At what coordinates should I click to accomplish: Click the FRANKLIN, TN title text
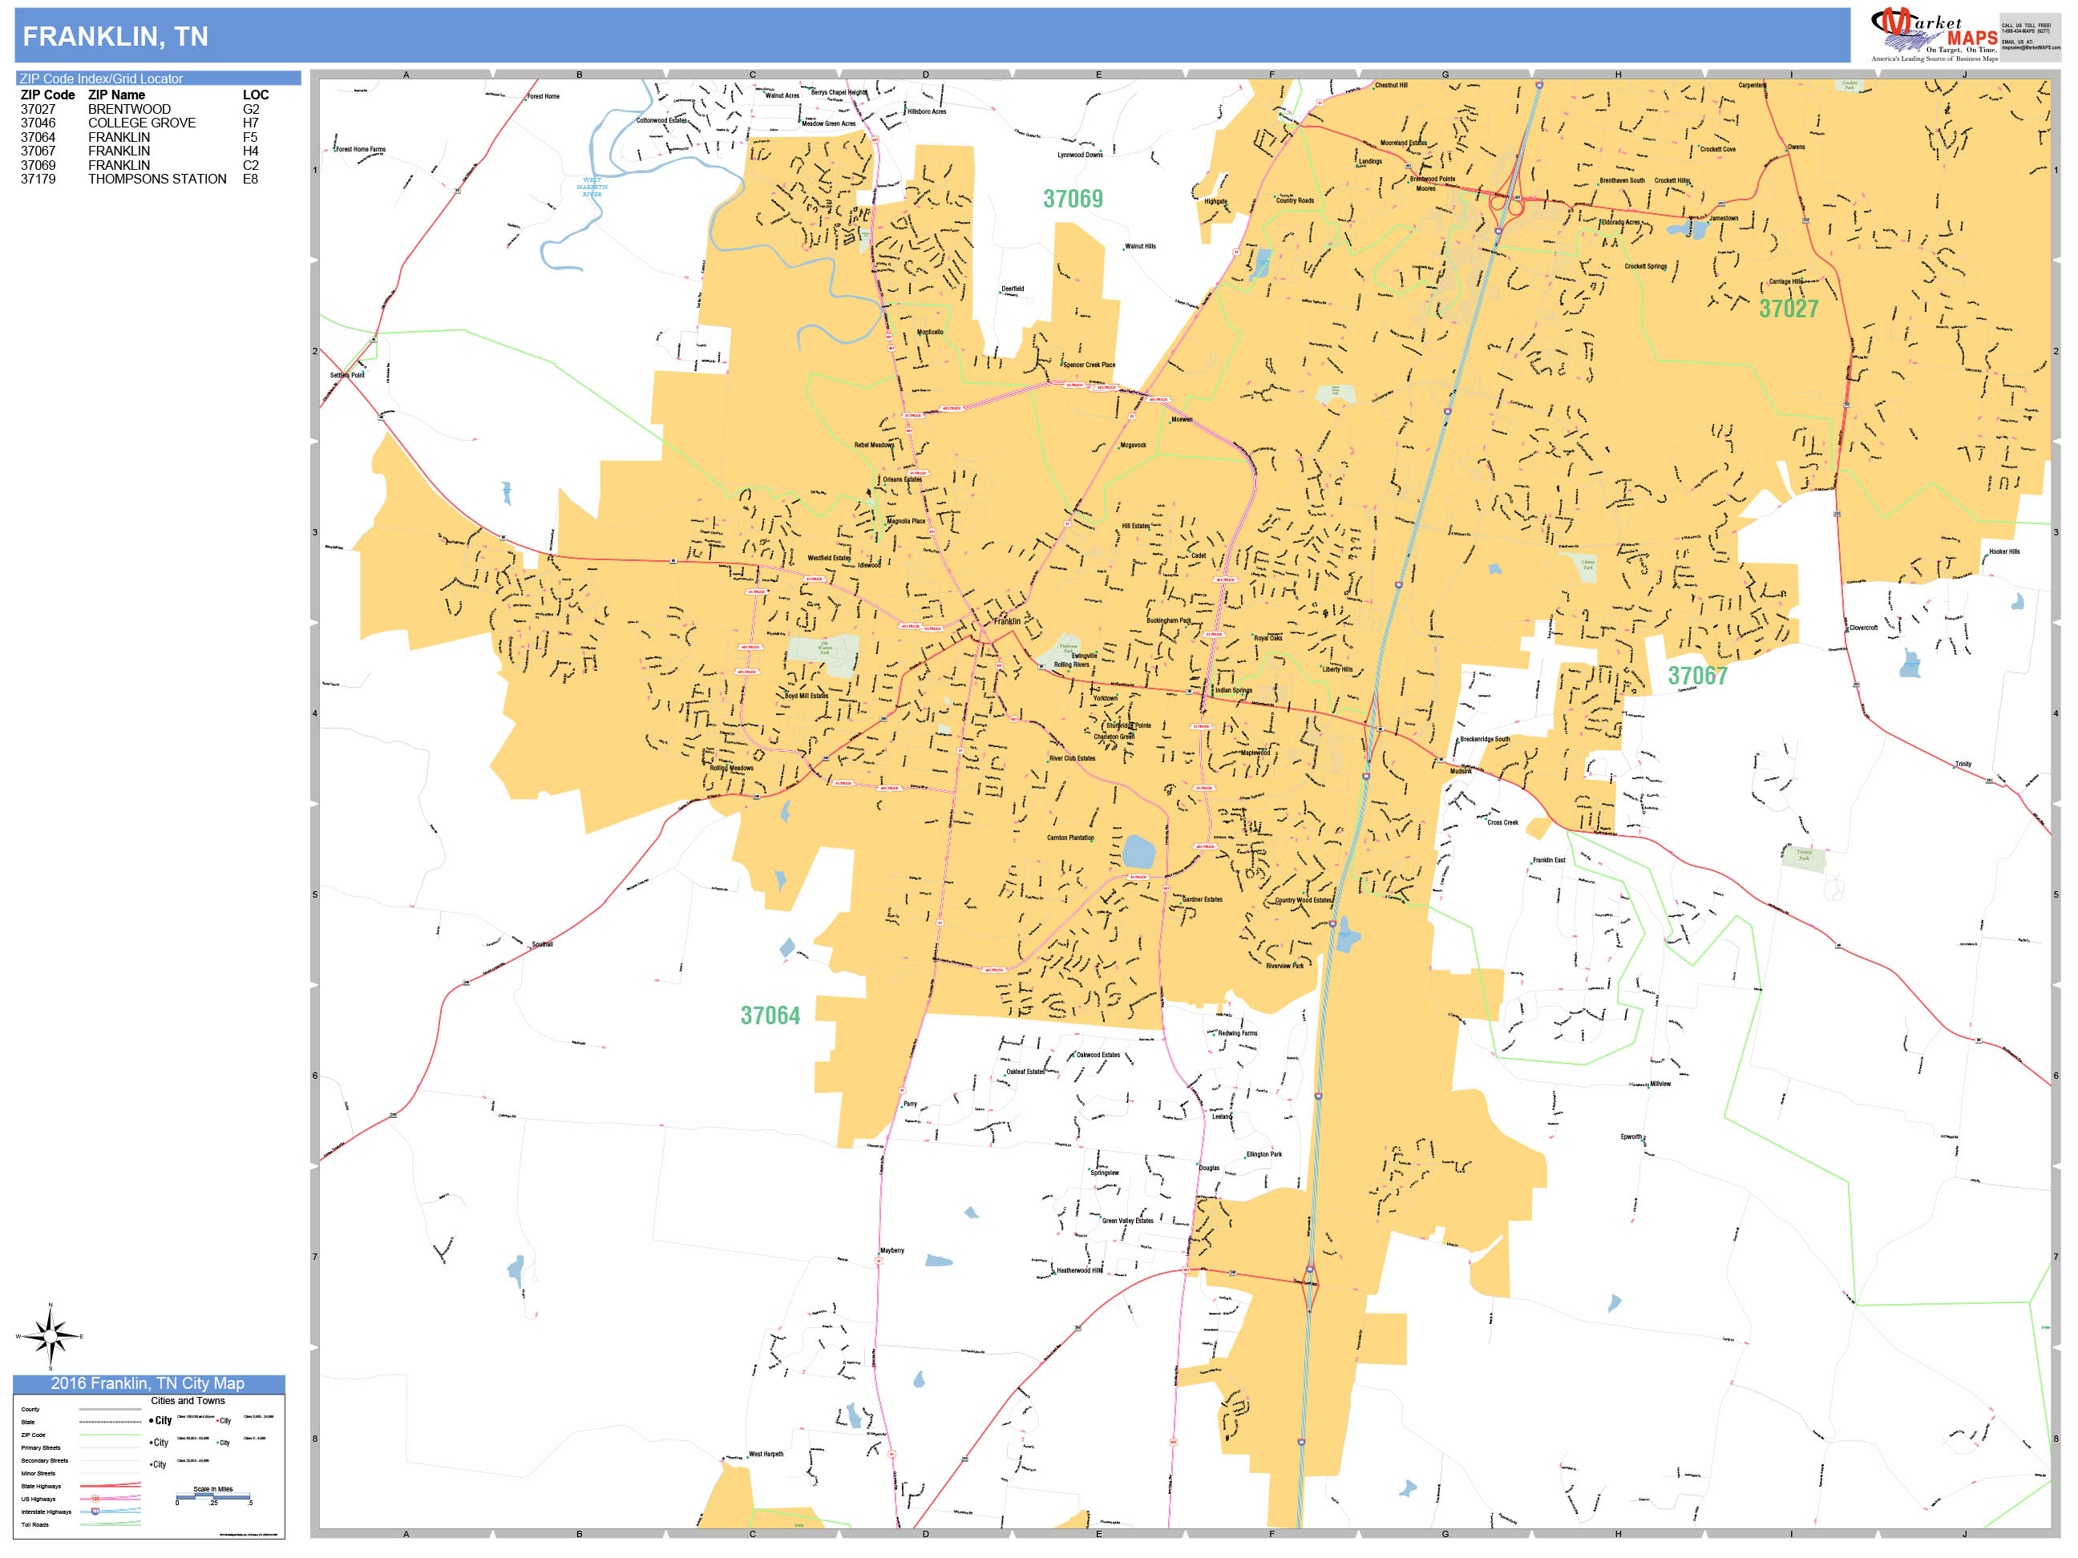tap(115, 37)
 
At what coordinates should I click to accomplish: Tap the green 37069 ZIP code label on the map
tap(1073, 199)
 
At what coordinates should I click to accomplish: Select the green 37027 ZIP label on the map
tap(1789, 309)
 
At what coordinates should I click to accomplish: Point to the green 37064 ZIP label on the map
tap(770, 1016)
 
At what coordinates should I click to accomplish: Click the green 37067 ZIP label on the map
tap(1697, 676)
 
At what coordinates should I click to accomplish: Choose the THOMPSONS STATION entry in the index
tap(157, 180)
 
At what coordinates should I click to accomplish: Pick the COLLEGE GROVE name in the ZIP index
tap(142, 123)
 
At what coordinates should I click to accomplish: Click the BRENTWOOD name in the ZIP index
tap(130, 109)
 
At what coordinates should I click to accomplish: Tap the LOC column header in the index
tap(256, 95)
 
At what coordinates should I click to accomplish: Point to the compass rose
tap(51, 1335)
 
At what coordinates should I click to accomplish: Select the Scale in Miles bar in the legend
tap(213, 1496)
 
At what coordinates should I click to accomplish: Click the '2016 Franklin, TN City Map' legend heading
tap(148, 1383)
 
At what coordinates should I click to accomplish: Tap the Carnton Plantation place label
tap(1070, 838)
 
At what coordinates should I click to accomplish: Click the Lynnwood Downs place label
tap(1081, 155)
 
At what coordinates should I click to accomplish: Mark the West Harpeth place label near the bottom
tap(766, 1454)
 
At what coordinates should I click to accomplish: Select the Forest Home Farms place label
tap(361, 149)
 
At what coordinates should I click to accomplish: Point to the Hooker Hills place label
tap(2003, 552)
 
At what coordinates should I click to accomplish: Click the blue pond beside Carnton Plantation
tap(1138, 853)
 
